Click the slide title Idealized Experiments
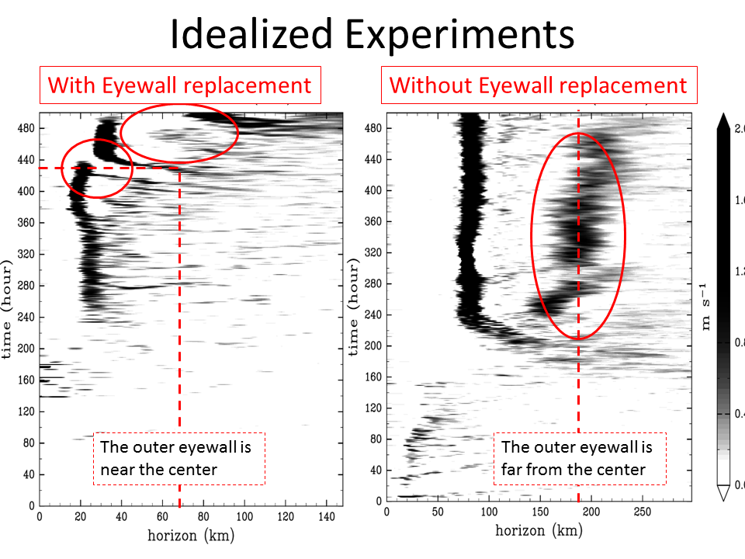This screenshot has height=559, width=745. click(x=372, y=34)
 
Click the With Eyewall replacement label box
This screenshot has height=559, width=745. click(x=180, y=85)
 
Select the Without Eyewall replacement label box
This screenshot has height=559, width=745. click(x=538, y=85)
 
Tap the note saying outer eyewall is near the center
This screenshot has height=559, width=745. click(x=179, y=459)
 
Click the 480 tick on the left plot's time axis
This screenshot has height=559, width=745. click(x=24, y=128)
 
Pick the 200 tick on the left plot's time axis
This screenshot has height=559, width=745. click(x=24, y=349)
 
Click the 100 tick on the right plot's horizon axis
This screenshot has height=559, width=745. click(x=489, y=512)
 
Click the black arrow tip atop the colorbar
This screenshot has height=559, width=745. click(x=723, y=119)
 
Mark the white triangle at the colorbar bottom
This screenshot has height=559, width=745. click(x=723, y=491)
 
